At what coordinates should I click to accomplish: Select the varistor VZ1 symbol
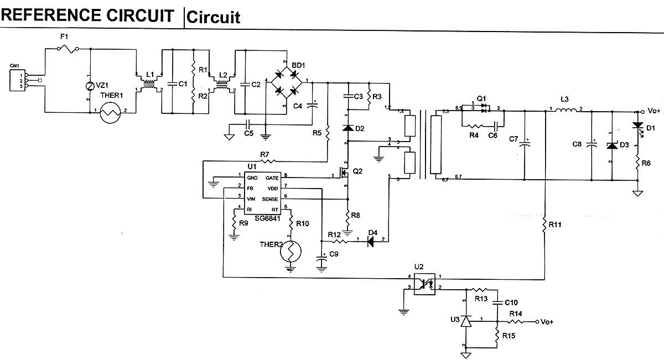(x=90, y=86)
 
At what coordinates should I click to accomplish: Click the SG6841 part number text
(x=266, y=218)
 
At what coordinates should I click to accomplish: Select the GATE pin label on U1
(x=272, y=178)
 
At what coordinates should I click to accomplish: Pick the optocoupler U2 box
(x=427, y=283)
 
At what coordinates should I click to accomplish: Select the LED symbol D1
(x=637, y=127)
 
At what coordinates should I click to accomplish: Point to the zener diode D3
(x=612, y=146)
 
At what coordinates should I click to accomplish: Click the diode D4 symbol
(x=372, y=241)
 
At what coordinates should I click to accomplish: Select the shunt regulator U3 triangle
(x=466, y=321)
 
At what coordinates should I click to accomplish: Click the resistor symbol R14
(x=516, y=321)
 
